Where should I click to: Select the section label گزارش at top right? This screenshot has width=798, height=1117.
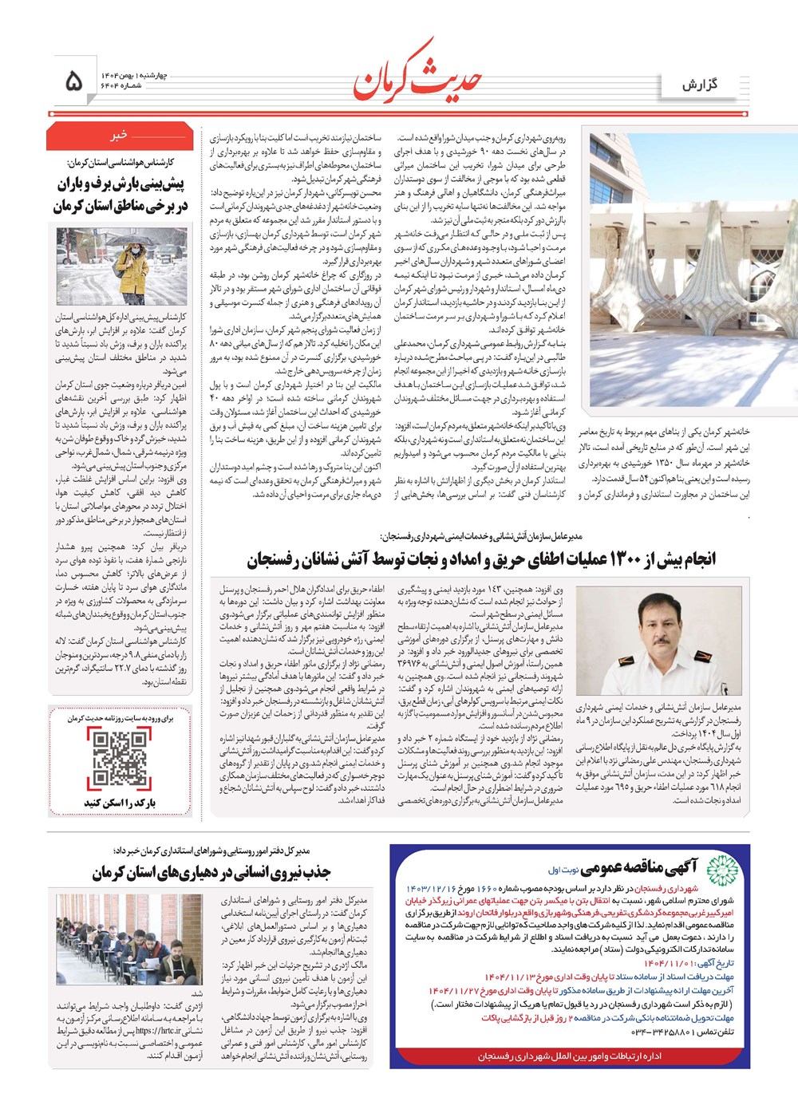[x=700, y=84]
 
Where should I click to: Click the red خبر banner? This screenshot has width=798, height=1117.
[x=119, y=136]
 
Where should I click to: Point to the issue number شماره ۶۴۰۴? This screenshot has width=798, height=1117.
[x=120, y=86]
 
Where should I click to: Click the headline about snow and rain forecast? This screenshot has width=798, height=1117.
[x=120, y=195]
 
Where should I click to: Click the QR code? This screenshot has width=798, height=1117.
[x=120, y=758]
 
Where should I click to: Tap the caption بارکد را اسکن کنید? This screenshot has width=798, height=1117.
[x=120, y=803]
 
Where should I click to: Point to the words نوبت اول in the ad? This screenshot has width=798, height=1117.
[x=563, y=870]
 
